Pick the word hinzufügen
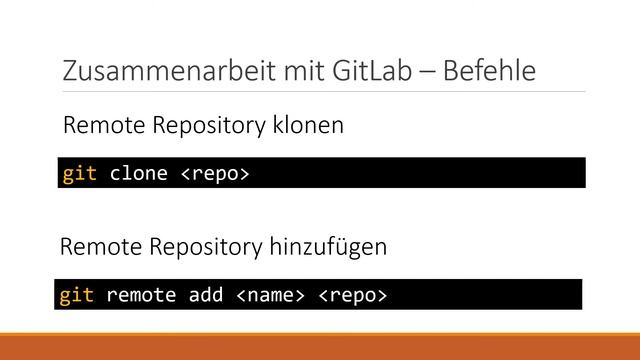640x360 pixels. [332, 246]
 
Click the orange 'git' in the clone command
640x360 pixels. [80, 173]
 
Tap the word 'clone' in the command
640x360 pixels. [138, 173]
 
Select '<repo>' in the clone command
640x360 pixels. [214, 173]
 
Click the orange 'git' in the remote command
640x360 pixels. [77, 295]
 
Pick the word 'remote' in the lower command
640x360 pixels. [141, 295]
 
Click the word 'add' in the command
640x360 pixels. [205, 295]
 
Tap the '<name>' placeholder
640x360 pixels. [269, 295]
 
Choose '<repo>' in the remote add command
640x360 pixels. [352, 295]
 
